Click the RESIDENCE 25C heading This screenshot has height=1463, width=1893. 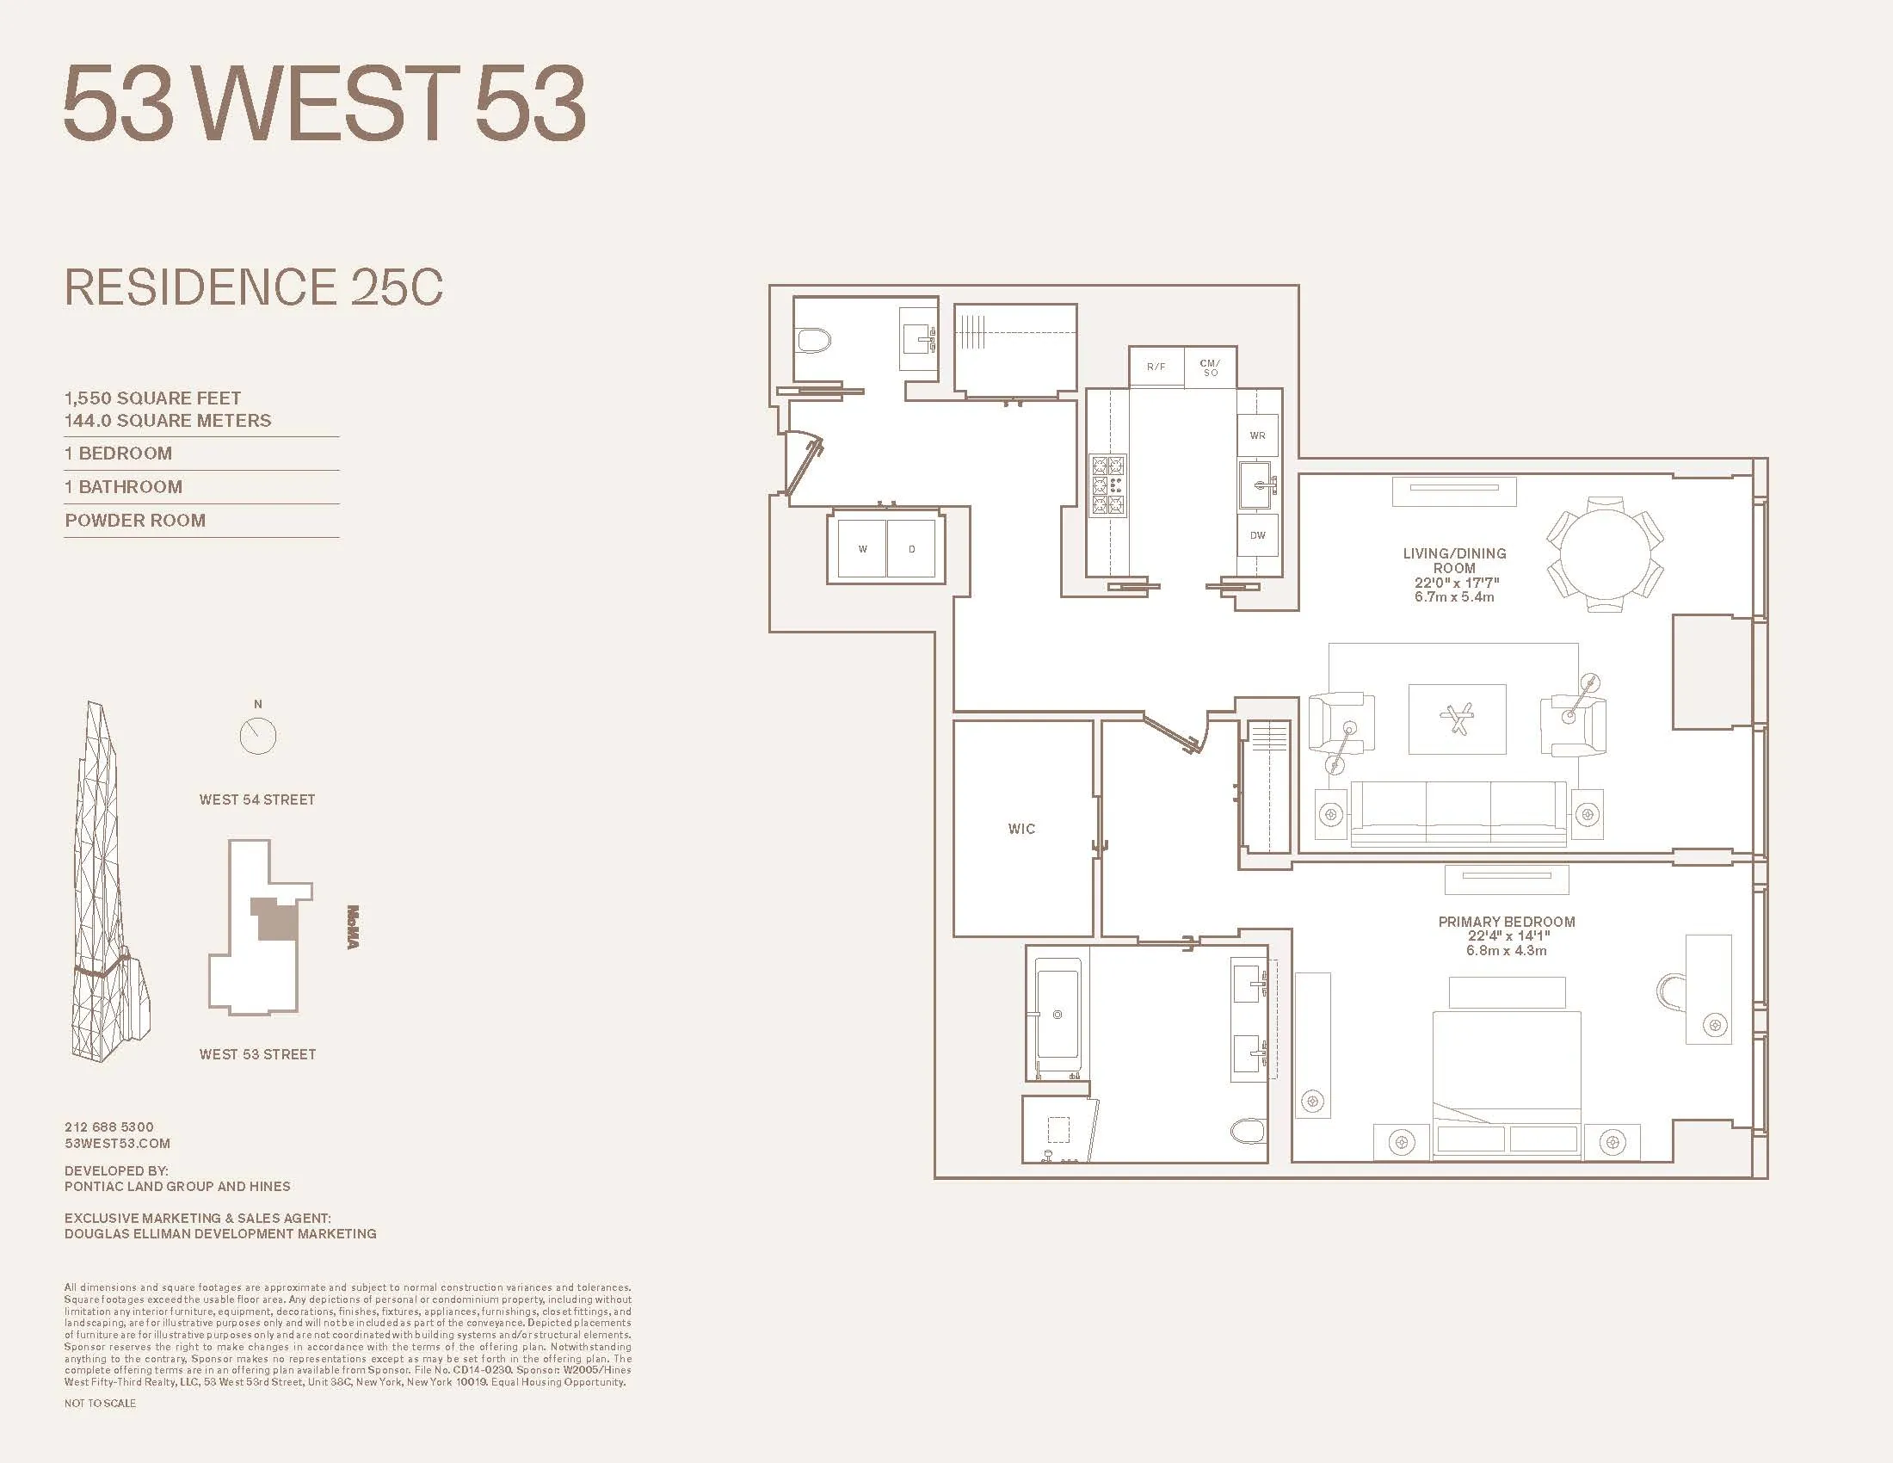[254, 287]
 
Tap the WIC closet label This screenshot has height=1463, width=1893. [1021, 829]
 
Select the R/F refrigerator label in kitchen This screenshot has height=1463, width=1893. [1156, 367]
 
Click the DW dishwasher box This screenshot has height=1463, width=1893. [1258, 535]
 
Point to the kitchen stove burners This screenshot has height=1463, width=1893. [1107, 485]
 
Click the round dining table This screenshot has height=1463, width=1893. [1606, 554]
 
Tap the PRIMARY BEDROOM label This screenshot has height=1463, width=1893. [1507, 922]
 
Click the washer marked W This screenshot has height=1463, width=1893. [862, 549]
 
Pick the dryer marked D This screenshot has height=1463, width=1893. [911, 549]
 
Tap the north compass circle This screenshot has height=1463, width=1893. [257, 736]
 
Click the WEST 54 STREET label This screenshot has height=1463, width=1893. [257, 799]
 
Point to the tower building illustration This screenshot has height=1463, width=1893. [108, 884]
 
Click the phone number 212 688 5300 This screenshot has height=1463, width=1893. [109, 1127]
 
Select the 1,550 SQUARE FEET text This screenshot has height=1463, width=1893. [152, 398]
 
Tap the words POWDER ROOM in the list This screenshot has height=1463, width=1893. [135, 520]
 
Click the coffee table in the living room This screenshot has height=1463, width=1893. [1457, 719]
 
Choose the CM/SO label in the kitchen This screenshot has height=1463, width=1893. [1210, 367]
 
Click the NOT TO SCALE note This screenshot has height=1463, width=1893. [100, 1404]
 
